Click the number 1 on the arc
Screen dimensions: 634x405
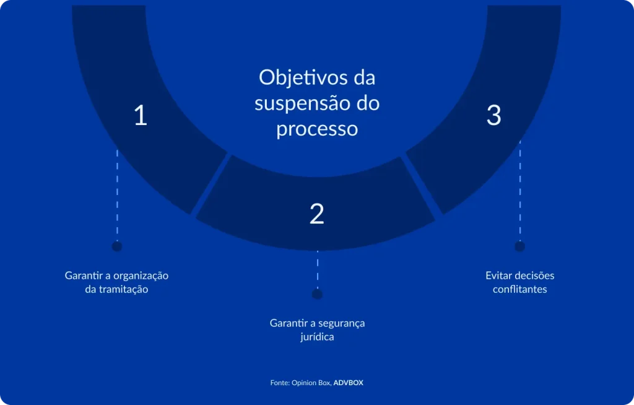(x=141, y=116)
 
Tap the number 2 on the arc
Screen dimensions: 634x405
(x=317, y=214)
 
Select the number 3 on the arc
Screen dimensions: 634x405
(x=493, y=116)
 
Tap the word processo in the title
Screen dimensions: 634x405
(x=317, y=129)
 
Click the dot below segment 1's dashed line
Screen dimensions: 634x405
(x=116, y=246)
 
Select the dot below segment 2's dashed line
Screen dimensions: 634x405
(x=317, y=295)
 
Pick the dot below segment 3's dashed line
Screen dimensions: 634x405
(x=519, y=246)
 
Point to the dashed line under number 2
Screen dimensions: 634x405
(x=317, y=269)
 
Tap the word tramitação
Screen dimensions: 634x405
(x=124, y=289)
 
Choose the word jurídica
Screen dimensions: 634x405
(x=317, y=337)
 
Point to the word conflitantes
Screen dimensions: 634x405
(x=520, y=289)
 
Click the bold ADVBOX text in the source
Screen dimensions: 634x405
(x=349, y=383)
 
